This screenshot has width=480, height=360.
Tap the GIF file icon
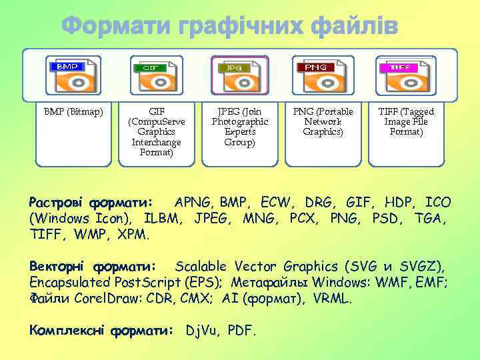[x=157, y=75]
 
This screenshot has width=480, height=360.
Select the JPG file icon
[x=240, y=75]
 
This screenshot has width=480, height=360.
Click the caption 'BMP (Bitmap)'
[x=73, y=112]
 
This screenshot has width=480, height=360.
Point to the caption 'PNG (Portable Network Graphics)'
[x=323, y=122]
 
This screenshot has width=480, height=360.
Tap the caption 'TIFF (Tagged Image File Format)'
[x=406, y=122]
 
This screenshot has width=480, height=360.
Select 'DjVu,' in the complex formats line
[x=204, y=330]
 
